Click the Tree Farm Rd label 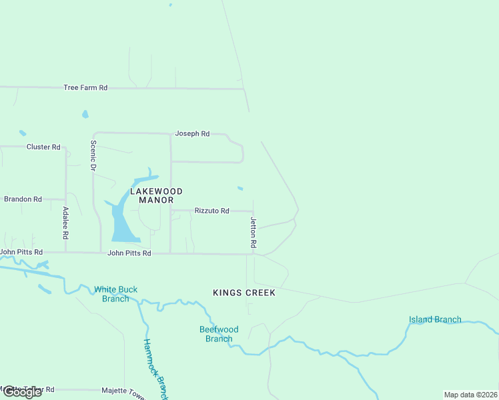coord(85,88)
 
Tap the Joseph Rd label coord(192,134)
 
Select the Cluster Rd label coord(43,147)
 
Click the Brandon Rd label coord(23,199)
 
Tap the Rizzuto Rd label coord(211,211)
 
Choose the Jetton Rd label coord(254,233)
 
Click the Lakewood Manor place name coord(151,195)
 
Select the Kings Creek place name coord(244,293)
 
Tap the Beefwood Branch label coord(219,334)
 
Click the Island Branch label coord(435,319)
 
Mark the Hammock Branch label coord(154,368)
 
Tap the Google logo coord(21,392)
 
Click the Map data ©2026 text coord(470,395)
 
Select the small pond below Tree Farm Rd coord(85,114)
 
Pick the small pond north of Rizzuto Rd coord(240,188)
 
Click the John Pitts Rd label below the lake coord(129,253)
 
